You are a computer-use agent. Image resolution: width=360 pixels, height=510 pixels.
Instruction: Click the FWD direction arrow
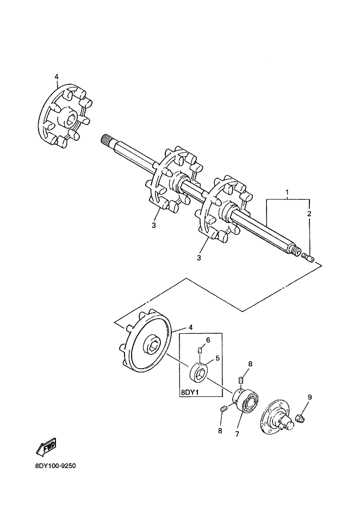point(46,446)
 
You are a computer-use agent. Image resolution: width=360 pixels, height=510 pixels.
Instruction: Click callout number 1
point(288,192)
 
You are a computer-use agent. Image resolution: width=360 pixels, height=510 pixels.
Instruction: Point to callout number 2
point(309,214)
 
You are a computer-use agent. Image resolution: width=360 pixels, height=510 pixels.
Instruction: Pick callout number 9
point(309,397)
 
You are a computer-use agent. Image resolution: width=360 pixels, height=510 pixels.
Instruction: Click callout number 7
point(237,434)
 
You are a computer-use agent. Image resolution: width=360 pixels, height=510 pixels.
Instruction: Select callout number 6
point(208,340)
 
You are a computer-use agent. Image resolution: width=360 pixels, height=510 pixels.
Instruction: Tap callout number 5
point(217,358)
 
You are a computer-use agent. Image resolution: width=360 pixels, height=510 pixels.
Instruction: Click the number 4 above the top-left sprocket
point(56,77)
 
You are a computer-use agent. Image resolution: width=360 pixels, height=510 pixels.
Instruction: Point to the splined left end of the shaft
point(107,141)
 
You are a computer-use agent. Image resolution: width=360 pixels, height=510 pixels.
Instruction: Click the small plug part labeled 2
point(308,257)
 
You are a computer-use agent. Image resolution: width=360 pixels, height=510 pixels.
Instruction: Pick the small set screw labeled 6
point(200,349)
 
